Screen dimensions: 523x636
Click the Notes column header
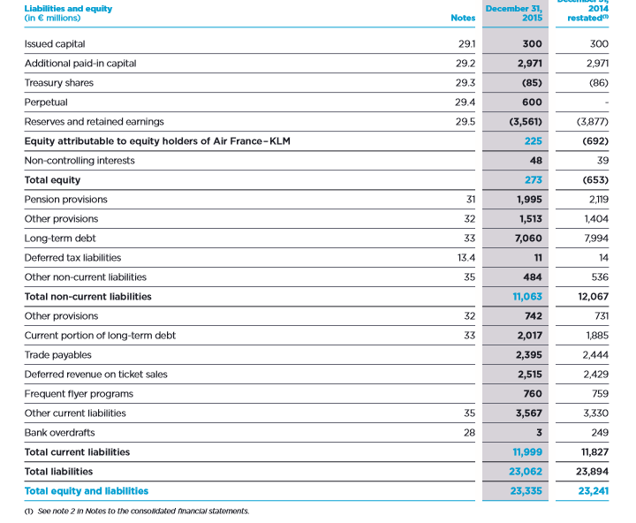click(462, 18)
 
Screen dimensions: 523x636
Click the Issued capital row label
click(55, 43)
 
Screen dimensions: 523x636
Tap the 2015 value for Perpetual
click(532, 102)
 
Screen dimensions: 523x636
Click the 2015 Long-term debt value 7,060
click(528, 238)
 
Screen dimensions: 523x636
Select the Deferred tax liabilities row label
click(72, 257)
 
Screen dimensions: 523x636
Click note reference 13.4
click(465, 257)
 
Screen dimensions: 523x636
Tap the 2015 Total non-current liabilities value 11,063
click(527, 296)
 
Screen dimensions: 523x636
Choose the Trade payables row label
click(57, 354)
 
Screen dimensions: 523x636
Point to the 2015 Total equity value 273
click(533, 179)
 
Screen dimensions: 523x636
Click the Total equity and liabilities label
click(86, 490)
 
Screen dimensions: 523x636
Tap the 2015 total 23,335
click(526, 490)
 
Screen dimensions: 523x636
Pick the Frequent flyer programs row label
click(79, 393)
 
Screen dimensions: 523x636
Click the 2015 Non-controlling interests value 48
click(535, 160)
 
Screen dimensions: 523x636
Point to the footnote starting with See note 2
click(136, 511)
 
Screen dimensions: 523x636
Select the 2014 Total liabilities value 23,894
click(592, 471)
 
